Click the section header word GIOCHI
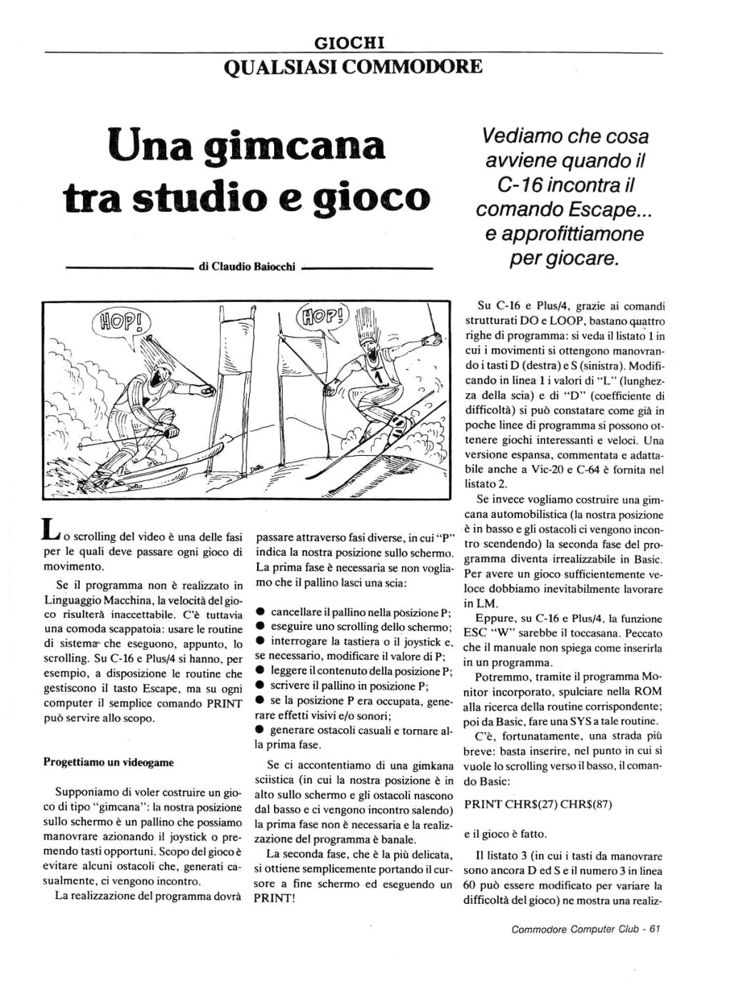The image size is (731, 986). [x=355, y=44]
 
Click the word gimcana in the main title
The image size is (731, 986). [x=294, y=146]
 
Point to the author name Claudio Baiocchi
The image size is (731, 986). [x=247, y=268]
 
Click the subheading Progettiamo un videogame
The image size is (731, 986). [x=109, y=762]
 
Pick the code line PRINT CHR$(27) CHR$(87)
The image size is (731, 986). [x=538, y=804]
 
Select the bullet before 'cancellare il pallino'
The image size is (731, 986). [x=261, y=612]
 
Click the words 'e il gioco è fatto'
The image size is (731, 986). [x=504, y=833]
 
